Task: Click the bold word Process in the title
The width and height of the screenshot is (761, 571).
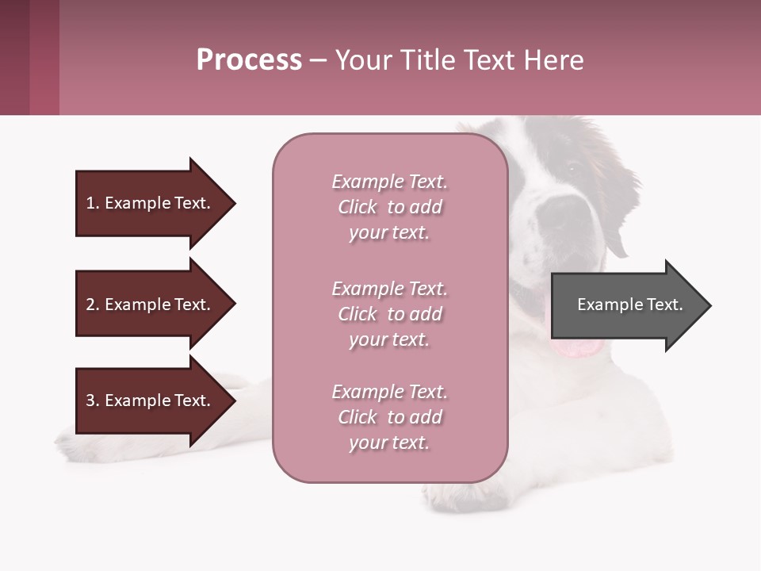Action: [x=249, y=60]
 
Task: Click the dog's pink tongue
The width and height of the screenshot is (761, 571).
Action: [x=577, y=347]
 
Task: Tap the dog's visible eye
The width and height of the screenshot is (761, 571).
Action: [x=572, y=167]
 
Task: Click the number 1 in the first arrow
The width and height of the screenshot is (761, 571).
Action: [x=90, y=203]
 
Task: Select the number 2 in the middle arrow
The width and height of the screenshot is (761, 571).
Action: [x=90, y=305]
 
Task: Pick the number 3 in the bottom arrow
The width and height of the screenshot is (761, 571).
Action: [x=90, y=400]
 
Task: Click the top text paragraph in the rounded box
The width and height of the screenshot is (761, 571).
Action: [x=389, y=207]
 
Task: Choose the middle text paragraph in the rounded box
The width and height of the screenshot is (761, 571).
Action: [x=389, y=314]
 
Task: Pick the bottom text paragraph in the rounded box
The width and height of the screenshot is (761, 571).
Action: [x=389, y=417]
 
